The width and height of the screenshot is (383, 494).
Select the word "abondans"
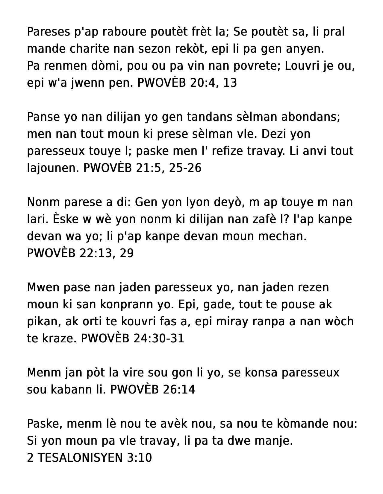[311, 117]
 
